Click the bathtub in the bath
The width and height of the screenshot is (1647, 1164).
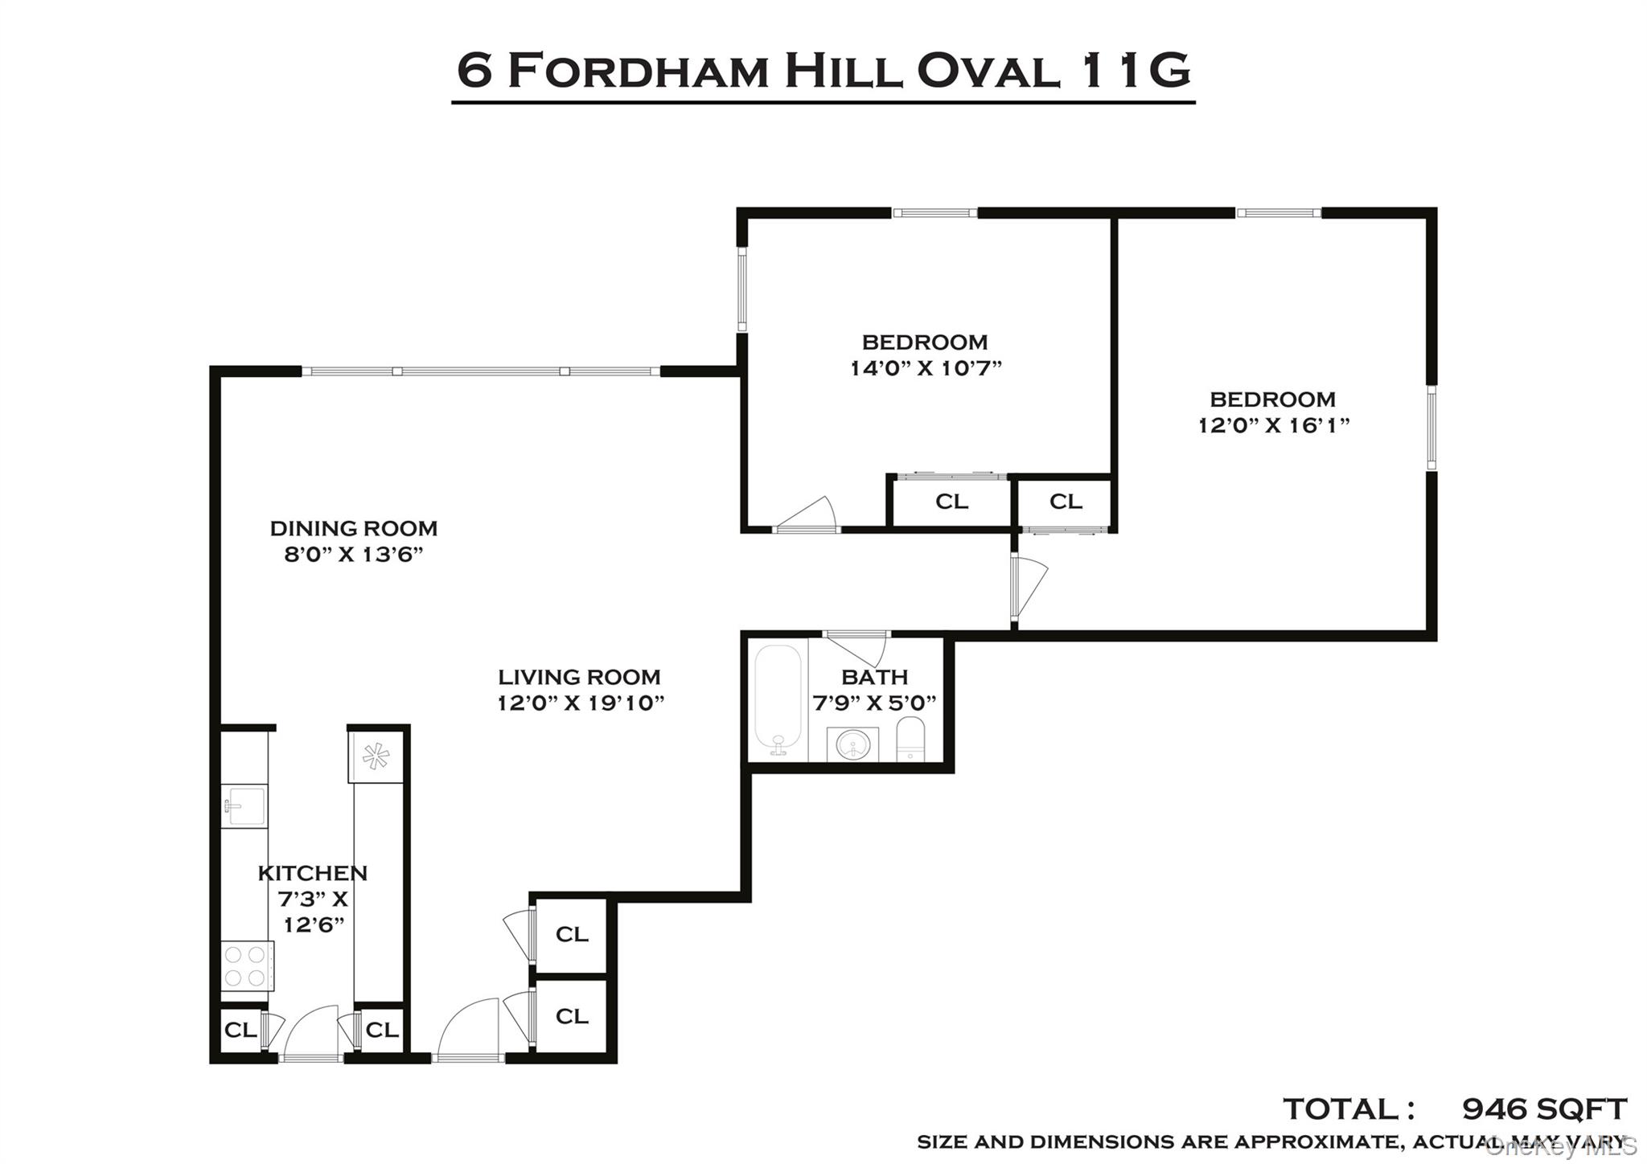pos(778,699)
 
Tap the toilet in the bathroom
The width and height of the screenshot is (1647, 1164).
pos(911,738)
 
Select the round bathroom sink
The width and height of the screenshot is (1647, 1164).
pos(852,745)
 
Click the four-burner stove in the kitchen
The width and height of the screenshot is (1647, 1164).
pos(246,965)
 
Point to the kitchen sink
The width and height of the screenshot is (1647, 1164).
pos(244,805)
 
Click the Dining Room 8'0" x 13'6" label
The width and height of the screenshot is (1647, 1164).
pos(353,541)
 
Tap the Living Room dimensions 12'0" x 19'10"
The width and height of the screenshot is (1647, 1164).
pos(580,703)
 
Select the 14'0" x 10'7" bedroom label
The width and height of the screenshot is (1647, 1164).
pos(925,369)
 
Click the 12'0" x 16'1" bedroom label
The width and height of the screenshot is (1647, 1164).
pos(1273,425)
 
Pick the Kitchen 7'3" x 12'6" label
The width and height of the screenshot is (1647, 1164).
pos(313,898)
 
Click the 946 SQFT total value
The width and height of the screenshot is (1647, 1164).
pos(1543,1109)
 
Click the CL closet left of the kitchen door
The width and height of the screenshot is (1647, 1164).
pos(240,1030)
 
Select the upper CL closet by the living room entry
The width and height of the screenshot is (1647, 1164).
pos(572,934)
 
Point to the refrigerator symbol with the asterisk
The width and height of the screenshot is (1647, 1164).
pos(376,756)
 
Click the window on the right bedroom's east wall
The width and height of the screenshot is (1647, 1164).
pos(1431,428)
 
